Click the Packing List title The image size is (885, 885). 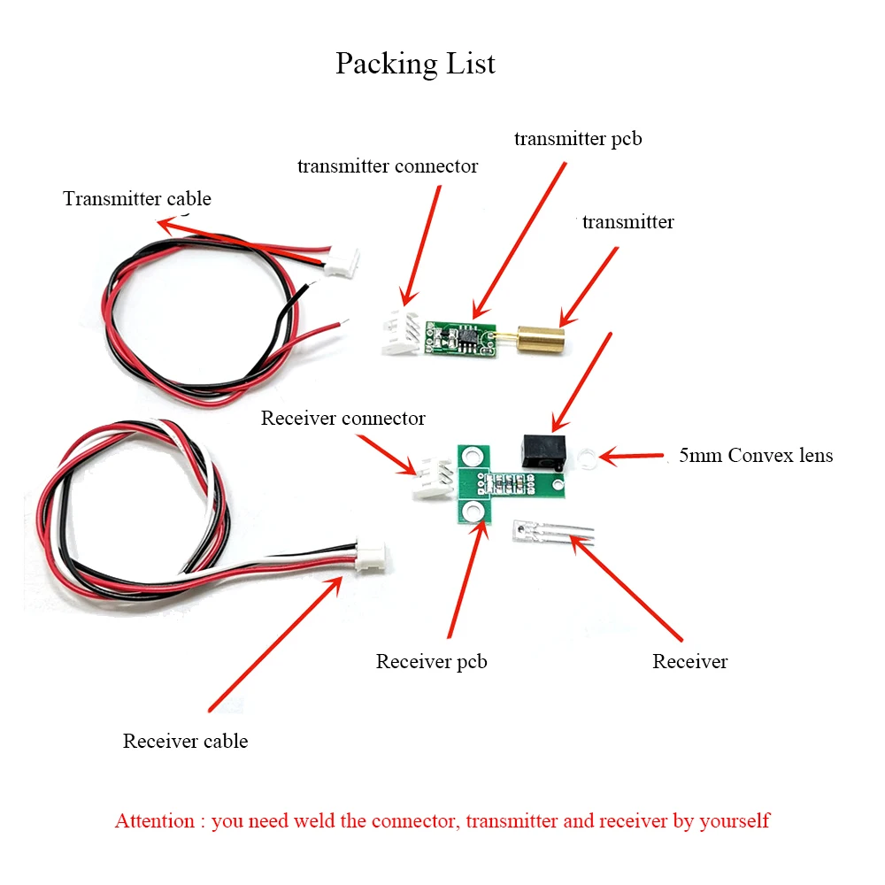coord(415,64)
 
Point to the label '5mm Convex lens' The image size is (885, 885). coord(755,456)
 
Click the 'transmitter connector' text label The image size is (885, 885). coord(388,165)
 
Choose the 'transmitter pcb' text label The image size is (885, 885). coord(578,139)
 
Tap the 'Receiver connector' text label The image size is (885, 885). coord(343,418)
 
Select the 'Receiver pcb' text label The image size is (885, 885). coord(431,661)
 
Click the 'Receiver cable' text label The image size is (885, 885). coord(185,741)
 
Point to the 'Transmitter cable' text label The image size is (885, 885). coord(137,198)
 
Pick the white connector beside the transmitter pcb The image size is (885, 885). coord(400,333)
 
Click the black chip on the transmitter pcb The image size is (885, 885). coord(463,336)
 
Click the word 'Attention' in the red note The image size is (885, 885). coord(154,820)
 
